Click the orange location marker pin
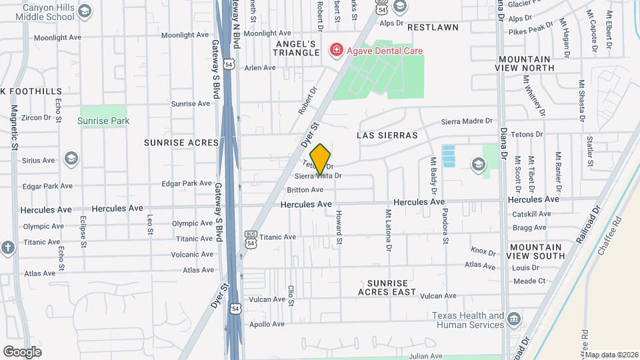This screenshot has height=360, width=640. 321,159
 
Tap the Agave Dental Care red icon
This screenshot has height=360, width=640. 336,50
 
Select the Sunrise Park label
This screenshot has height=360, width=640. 103,121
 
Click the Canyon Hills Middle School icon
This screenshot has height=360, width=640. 84,11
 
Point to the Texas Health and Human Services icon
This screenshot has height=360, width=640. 514,319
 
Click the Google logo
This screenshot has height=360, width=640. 22,351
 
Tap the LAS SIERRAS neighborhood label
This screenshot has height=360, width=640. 387,135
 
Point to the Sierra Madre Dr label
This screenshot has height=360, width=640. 466,121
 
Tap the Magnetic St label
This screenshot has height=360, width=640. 14,127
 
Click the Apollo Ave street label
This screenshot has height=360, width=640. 267,325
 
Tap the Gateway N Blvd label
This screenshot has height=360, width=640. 235,24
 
